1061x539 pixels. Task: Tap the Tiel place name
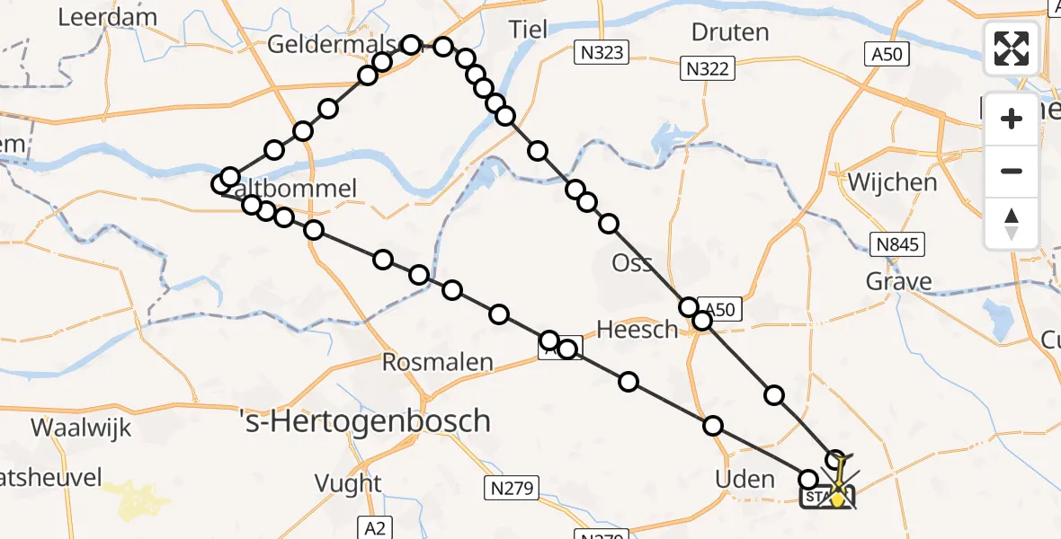[x=528, y=29]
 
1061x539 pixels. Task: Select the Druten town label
[x=730, y=32]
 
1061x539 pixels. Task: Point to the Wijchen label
[x=892, y=182]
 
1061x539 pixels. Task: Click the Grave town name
[x=898, y=282]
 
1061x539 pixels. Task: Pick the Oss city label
[x=632, y=263]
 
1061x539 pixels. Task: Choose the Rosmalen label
[x=438, y=363]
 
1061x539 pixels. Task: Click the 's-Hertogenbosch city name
[x=367, y=420]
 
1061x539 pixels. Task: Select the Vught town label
[x=348, y=483]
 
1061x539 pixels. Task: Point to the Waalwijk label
[x=82, y=428]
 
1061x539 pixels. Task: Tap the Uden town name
[x=744, y=479]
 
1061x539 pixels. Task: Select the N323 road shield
[x=601, y=53]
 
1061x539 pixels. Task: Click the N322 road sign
[x=709, y=67]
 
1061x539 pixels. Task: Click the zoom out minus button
[x=1012, y=171]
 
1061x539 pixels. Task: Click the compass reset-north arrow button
[x=1012, y=223]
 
